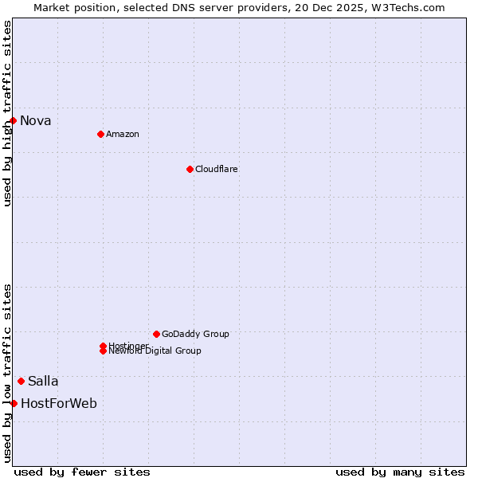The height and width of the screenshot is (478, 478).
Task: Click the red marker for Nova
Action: point(14,120)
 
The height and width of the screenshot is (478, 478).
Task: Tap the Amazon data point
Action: point(100,134)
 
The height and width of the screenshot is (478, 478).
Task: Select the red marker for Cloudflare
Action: point(190,169)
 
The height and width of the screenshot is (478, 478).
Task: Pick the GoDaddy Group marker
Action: point(156,334)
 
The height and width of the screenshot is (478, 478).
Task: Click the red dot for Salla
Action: point(21,381)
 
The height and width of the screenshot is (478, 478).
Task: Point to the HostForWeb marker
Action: point(14,403)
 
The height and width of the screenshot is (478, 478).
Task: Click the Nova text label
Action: point(36,121)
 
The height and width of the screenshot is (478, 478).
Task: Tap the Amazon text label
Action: point(123,134)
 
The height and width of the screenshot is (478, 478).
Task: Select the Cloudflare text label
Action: point(217,169)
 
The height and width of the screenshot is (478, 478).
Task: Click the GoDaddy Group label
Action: point(195,334)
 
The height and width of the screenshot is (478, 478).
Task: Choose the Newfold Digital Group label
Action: point(155,351)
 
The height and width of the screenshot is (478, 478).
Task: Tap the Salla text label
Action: point(43,382)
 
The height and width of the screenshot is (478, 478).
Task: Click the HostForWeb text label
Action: point(59,404)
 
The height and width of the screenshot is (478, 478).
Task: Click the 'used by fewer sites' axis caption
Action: point(82,472)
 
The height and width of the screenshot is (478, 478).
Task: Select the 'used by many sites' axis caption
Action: point(400,472)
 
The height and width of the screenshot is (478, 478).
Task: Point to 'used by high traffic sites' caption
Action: point(8,113)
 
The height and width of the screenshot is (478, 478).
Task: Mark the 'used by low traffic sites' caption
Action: point(8,373)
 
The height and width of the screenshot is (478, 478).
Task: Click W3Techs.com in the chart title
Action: point(405,7)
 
